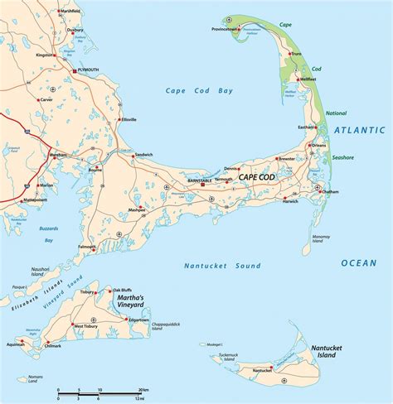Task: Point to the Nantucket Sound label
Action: point(221,266)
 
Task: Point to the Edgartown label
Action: point(138,320)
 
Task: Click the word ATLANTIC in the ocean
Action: point(360,130)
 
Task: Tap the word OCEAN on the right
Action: point(358,262)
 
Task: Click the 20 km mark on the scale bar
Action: point(143,390)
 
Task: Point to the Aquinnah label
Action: point(16,344)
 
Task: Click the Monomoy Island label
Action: point(320,239)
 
